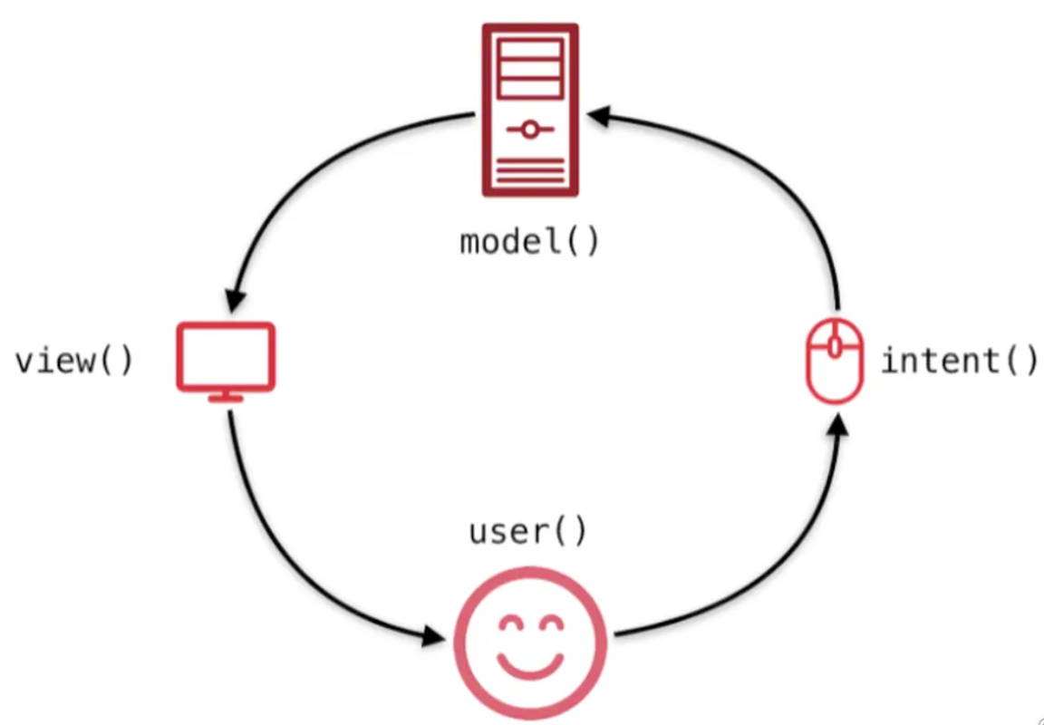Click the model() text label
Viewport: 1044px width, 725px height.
[x=529, y=243]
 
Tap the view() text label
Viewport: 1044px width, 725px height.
[x=74, y=361]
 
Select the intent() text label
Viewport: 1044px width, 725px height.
[x=959, y=361]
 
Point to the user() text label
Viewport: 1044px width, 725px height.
[x=527, y=531]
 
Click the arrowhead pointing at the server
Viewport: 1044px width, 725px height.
[x=597, y=115]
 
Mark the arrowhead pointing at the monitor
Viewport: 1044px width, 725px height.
[x=235, y=300]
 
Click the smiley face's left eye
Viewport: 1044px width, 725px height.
[x=508, y=624]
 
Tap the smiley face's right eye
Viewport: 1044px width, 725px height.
[x=551, y=624]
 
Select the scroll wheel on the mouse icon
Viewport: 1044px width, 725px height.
[x=835, y=345]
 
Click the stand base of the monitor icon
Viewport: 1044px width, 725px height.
[x=225, y=398]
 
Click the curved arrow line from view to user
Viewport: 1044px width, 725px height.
[x=272, y=553]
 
